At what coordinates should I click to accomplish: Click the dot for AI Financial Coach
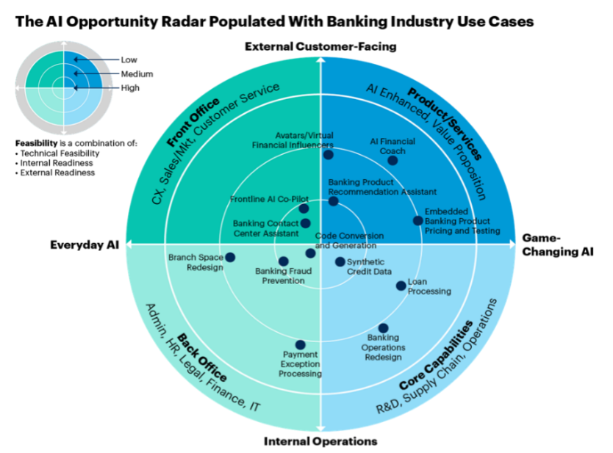coord(392,160)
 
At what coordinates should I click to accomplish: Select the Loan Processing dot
coord(401,286)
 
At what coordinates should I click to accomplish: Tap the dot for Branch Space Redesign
coord(230,257)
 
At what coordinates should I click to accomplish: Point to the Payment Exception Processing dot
coord(300,344)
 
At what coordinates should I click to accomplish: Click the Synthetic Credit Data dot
coord(340,261)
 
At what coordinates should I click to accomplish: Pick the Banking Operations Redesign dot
coord(383,328)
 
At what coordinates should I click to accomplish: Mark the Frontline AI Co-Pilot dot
coord(304,209)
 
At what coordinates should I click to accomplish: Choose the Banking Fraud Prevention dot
coord(283,261)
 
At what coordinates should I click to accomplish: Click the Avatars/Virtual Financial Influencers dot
coord(328,154)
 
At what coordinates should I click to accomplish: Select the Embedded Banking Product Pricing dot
coord(417,220)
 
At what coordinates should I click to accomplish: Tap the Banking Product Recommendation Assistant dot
coord(333,201)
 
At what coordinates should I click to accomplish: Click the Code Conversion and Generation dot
coord(310,253)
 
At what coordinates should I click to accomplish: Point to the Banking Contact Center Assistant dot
coord(305,223)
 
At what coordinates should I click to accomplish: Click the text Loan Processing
coord(429,286)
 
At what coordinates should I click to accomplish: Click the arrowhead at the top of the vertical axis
coord(320,56)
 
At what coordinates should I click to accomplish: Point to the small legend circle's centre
coord(63,87)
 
